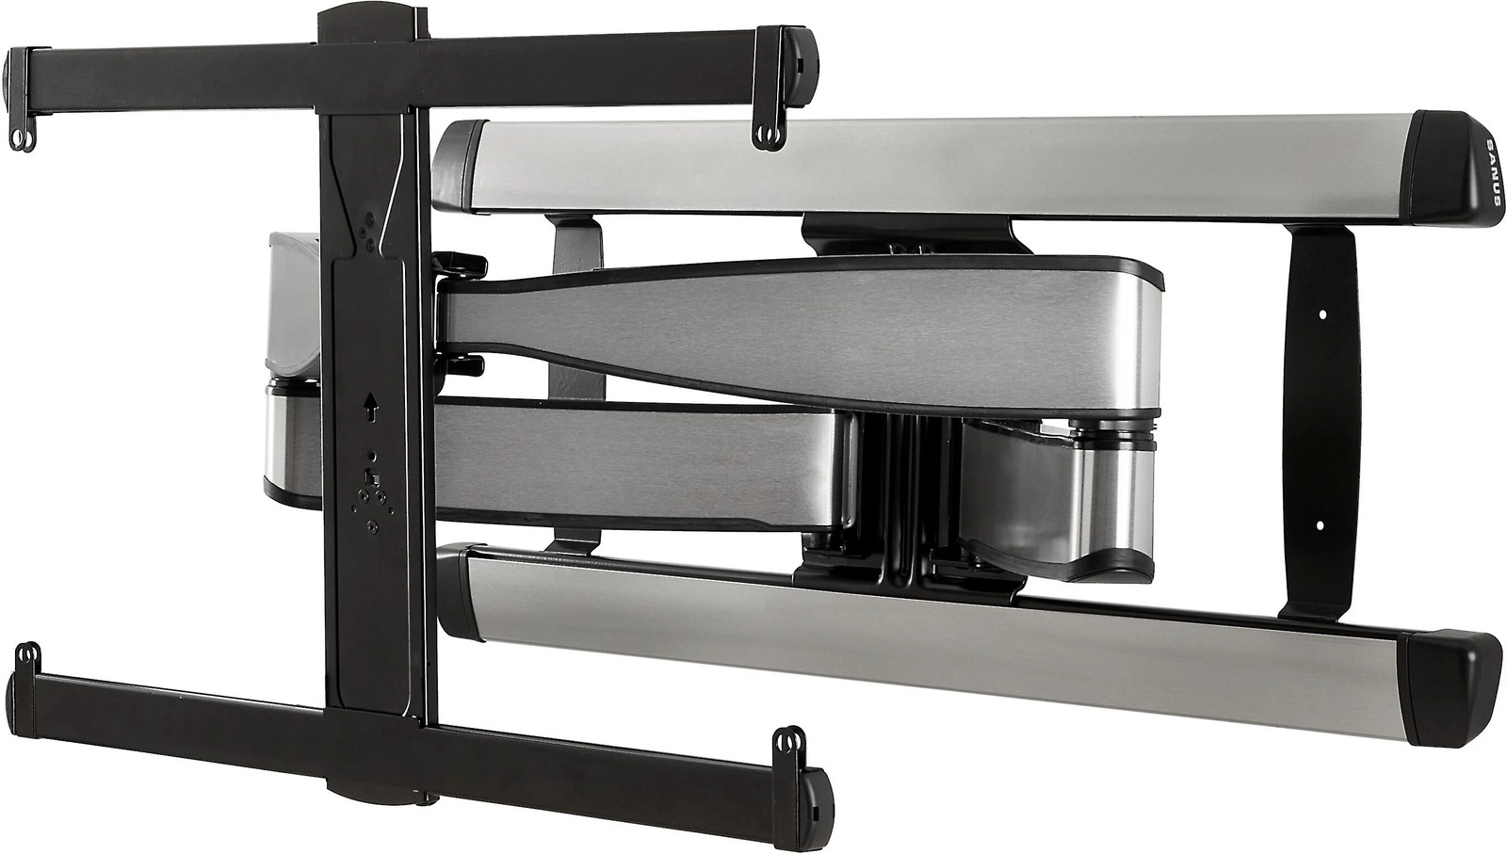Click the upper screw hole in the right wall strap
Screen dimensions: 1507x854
point(1322,314)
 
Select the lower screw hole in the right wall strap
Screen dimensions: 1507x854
point(1320,525)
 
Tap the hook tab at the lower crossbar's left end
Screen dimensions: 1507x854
point(27,657)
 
